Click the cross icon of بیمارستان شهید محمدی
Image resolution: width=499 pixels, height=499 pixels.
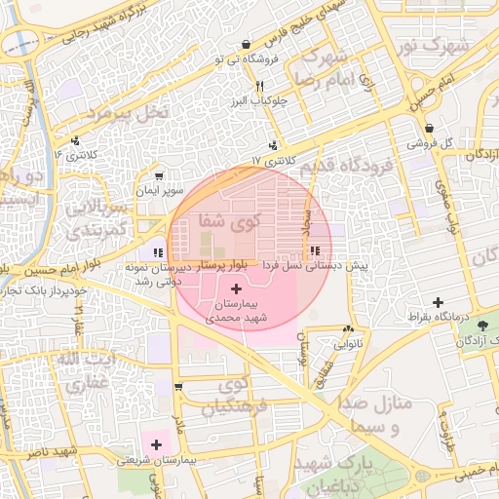tap(237, 288)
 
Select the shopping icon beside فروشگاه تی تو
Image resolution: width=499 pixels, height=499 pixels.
tap(245, 44)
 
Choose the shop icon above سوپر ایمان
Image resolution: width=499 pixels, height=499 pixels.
tap(156, 177)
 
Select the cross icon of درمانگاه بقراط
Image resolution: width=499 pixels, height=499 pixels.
tap(438, 303)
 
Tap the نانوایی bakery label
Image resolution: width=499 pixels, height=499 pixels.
tap(348, 344)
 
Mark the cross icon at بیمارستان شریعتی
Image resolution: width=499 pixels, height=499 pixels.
tap(156, 444)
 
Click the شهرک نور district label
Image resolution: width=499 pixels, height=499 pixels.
tap(436, 45)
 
